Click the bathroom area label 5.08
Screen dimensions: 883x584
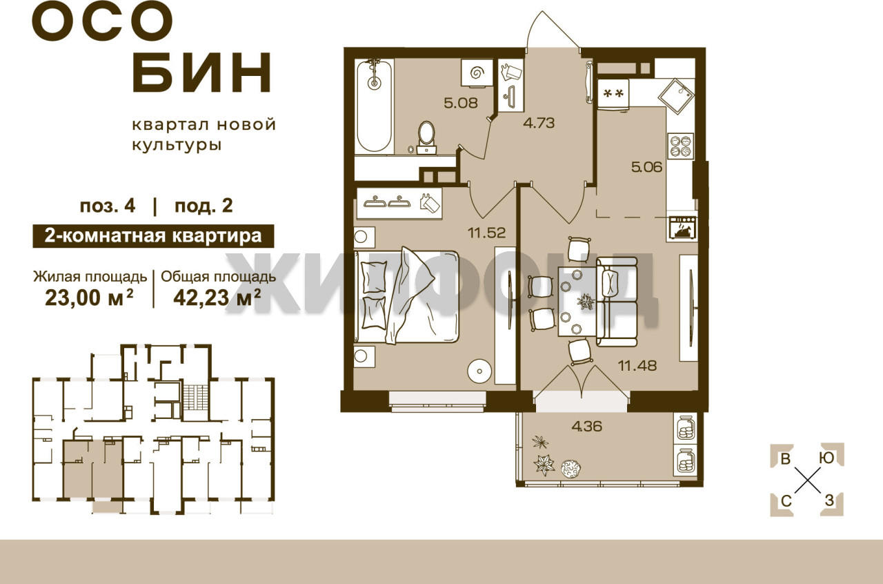[x=460, y=103]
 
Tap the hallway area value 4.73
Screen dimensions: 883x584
[x=539, y=123]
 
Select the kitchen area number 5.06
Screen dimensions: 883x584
[x=646, y=167]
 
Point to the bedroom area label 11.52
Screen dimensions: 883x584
[x=486, y=233]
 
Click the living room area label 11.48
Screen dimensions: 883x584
[x=637, y=365]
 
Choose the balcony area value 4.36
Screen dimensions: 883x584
[x=587, y=426]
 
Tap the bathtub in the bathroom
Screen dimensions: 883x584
[x=374, y=106]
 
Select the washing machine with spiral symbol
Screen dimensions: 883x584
[x=477, y=73]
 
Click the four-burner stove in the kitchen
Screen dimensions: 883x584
[x=680, y=146]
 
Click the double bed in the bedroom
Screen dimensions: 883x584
[x=407, y=296]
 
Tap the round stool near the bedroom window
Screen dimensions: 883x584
[x=479, y=371]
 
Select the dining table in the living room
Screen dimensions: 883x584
[x=577, y=302]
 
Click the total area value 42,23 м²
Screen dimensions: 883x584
[x=217, y=298]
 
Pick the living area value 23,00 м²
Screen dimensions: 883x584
[x=90, y=298]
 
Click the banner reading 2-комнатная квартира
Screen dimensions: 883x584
[x=153, y=236]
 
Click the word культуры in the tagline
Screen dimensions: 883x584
[x=177, y=146]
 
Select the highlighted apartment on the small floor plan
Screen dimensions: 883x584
[x=93, y=469]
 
